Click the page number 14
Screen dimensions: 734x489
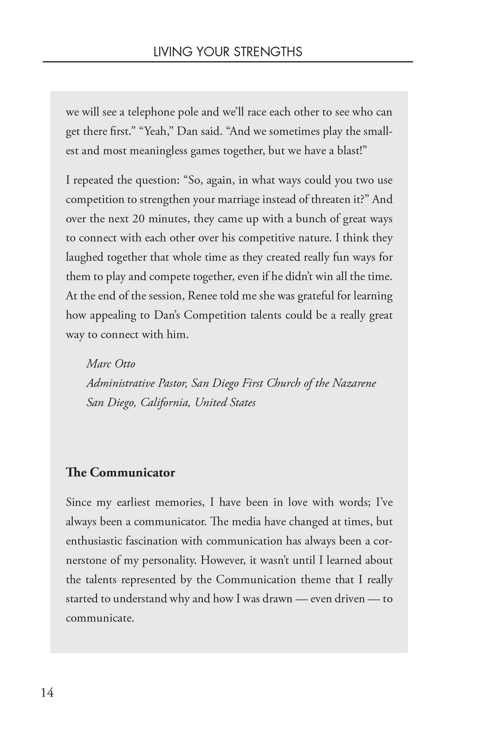(x=47, y=693)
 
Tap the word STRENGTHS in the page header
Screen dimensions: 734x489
(x=268, y=52)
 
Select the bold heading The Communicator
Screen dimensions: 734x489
(x=120, y=472)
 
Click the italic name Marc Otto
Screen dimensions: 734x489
(x=111, y=364)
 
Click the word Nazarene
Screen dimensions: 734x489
(x=354, y=383)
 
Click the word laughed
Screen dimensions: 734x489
(x=84, y=257)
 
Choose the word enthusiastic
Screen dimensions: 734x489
(x=94, y=541)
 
